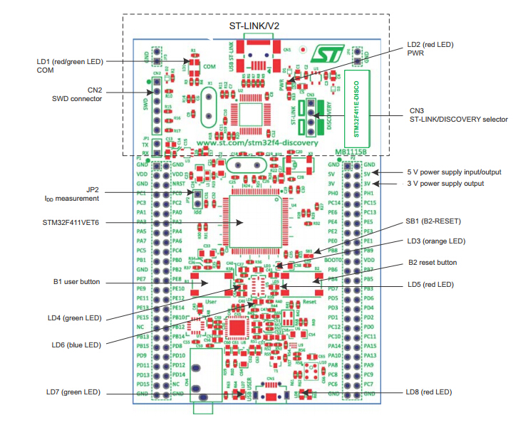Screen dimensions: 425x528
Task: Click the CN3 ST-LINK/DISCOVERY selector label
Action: (x=459, y=115)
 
